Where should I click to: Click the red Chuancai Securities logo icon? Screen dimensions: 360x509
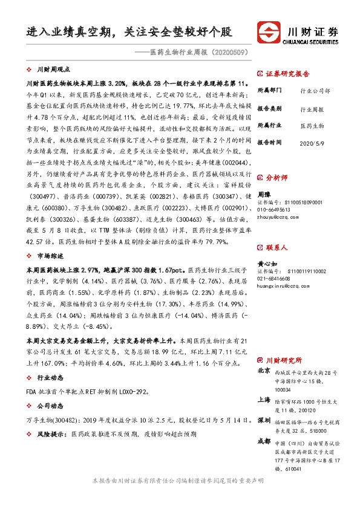(269, 32)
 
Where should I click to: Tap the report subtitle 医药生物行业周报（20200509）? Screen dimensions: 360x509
(199, 53)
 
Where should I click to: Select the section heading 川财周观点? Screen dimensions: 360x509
(54, 70)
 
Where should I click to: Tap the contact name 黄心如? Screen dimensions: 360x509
(267, 264)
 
